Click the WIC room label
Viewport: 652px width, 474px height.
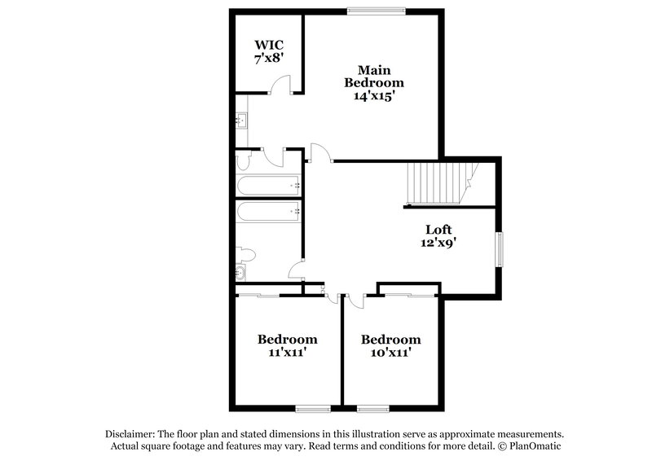[268, 43]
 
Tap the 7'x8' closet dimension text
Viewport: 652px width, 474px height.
[268, 58]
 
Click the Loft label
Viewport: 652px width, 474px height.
[439, 230]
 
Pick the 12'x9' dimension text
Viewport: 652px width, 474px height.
[439, 243]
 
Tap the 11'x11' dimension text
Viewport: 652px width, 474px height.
[288, 353]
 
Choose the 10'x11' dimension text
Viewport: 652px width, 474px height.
[391, 353]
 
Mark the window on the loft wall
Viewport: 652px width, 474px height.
[500, 248]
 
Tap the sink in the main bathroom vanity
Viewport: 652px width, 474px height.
[241, 121]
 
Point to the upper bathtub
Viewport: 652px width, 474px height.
[268, 184]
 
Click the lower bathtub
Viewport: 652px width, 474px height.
[268, 213]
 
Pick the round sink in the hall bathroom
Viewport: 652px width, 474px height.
[241, 272]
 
